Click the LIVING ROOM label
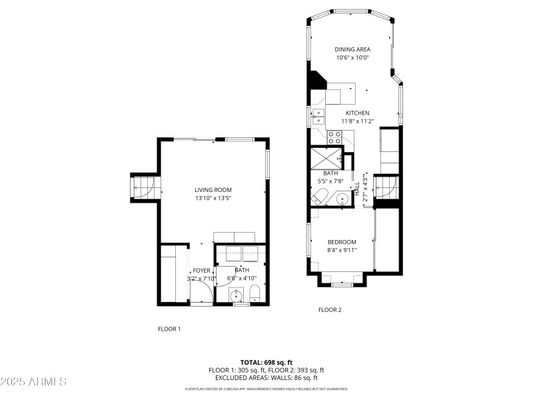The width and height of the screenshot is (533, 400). pyautogui.click(x=213, y=190)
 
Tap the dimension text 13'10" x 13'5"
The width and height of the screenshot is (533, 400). pyautogui.click(x=213, y=199)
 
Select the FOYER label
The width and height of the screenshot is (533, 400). pyautogui.click(x=202, y=270)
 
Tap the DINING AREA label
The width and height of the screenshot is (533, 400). pyautogui.click(x=352, y=49)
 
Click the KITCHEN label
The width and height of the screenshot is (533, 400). pyautogui.click(x=357, y=113)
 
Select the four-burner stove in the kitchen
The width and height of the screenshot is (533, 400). pyautogui.click(x=334, y=137)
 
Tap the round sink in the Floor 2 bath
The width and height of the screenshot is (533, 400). pyautogui.click(x=343, y=198)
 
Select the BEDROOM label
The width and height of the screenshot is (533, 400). pyautogui.click(x=342, y=242)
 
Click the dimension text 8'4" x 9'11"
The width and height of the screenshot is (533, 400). pyautogui.click(x=342, y=250)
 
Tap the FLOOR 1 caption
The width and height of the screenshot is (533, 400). pyautogui.click(x=169, y=329)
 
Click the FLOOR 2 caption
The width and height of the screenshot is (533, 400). pyautogui.click(x=330, y=309)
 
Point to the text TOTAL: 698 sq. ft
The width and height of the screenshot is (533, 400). pyautogui.click(x=266, y=362)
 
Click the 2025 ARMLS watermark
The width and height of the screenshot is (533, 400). pyautogui.click(x=33, y=382)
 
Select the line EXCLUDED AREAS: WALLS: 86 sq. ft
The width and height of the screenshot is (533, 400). pyautogui.click(x=266, y=377)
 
